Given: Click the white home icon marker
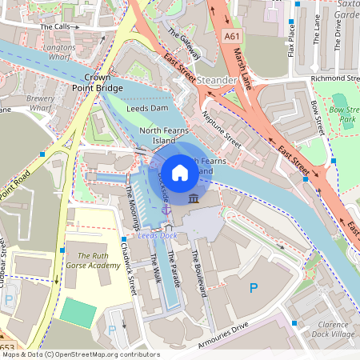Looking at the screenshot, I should pyautogui.click(x=180, y=172).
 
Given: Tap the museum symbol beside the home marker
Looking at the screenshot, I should pyautogui.click(x=194, y=198).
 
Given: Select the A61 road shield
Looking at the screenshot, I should pyautogui.click(x=232, y=37).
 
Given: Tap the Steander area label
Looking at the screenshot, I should pyautogui.click(x=216, y=81).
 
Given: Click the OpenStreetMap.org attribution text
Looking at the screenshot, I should pyautogui.click(x=108, y=354).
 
